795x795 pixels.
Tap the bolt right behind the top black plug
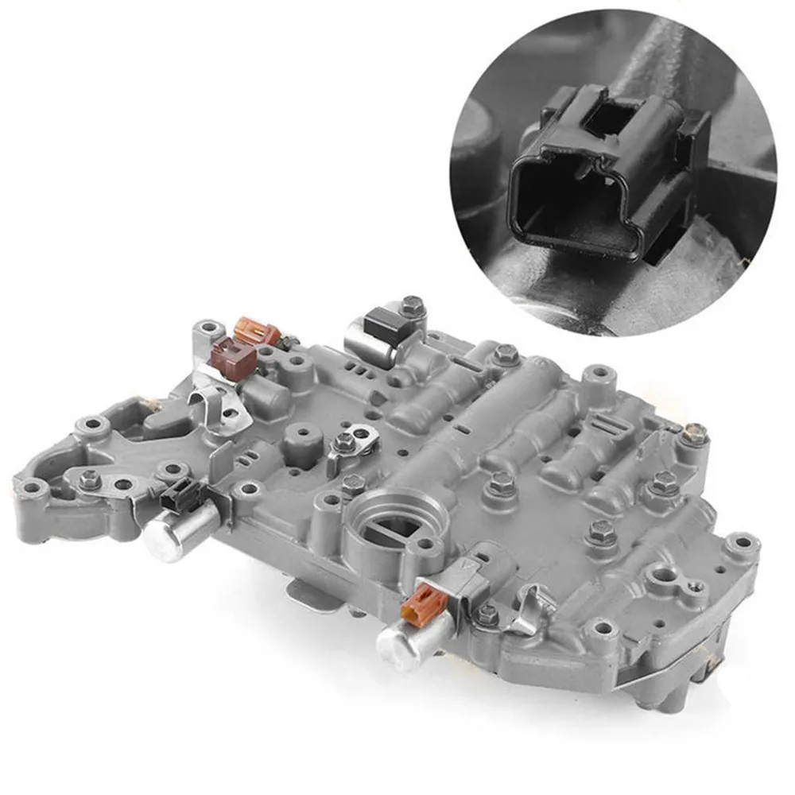click(x=411, y=305)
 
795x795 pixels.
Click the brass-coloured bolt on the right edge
click(x=694, y=433)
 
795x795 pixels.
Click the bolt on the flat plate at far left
click(x=89, y=479)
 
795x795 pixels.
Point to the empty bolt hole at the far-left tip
click(x=32, y=487)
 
